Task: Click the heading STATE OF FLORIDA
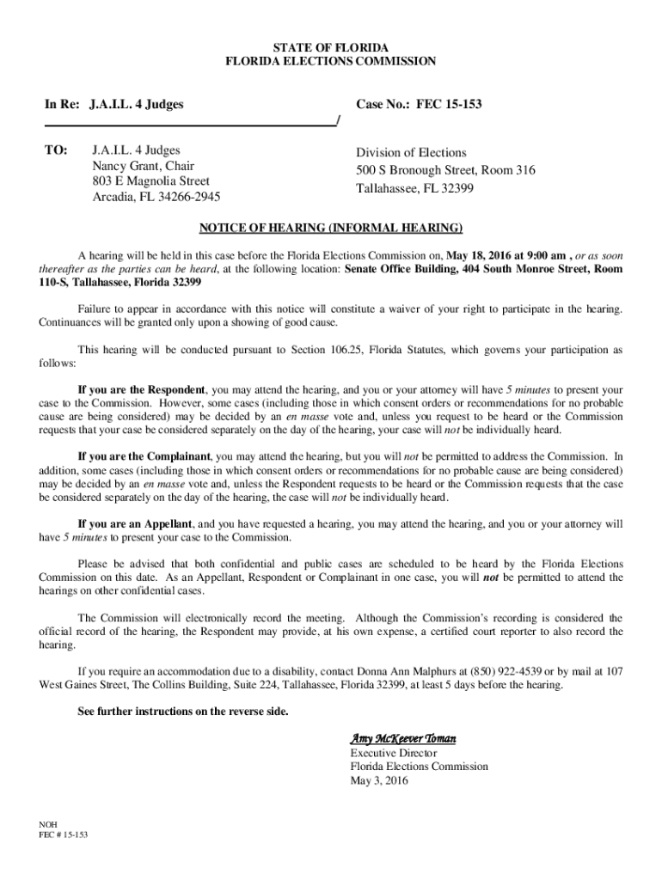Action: coord(330,46)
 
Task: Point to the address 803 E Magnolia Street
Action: coord(150,181)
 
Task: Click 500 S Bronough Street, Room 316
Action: coord(445,170)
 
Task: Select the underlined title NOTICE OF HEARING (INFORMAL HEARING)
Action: coord(331,228)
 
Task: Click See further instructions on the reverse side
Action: coord(183,712)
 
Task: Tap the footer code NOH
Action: coord(49,822)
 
